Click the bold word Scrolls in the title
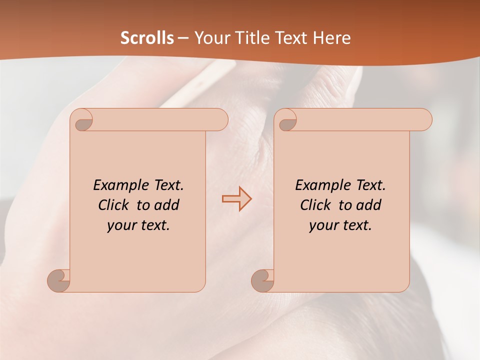(x=147, y=38)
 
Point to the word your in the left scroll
(x=120, y=225)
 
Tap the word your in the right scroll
(x=322, y=225)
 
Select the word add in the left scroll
(x=167, y=205)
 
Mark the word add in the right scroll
(x=369, y=205)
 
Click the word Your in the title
(x=210, y=38)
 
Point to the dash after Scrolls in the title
(x=183, y=38)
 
